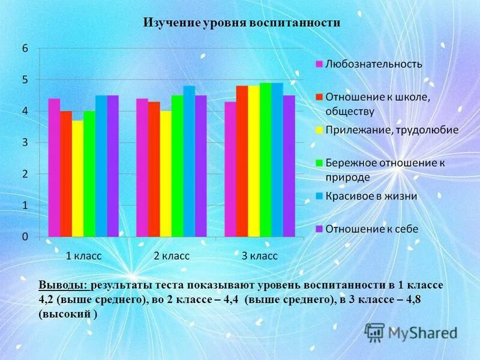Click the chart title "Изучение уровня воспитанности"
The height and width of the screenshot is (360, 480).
click(x=241, y=23)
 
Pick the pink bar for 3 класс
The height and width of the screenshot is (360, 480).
click(x=230, y=169)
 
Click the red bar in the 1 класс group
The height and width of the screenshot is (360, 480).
click(x=66, y=173)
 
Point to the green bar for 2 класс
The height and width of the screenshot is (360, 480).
click(x=177, y=166)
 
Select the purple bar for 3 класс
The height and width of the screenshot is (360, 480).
click(x=289, y=166)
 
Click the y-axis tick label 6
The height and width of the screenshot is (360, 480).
click(x=25, y=49)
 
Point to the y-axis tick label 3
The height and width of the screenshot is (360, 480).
click(x=25, y=143)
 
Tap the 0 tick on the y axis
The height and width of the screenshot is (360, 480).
click(x=25, y=236)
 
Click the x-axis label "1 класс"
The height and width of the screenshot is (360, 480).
click(x=83, y=256)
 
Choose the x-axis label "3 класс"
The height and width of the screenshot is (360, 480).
click(x=259, y=256)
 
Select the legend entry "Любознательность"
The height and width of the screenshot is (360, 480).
click(x=373, y=64)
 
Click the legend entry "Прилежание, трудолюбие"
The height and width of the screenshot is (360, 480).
click(x=391, y=130)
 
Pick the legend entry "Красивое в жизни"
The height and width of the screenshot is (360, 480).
click(x=371, y=196)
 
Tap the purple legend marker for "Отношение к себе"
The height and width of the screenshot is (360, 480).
click(x=320, y=229)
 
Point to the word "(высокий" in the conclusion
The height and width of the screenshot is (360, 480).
click(x=64, y=313)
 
